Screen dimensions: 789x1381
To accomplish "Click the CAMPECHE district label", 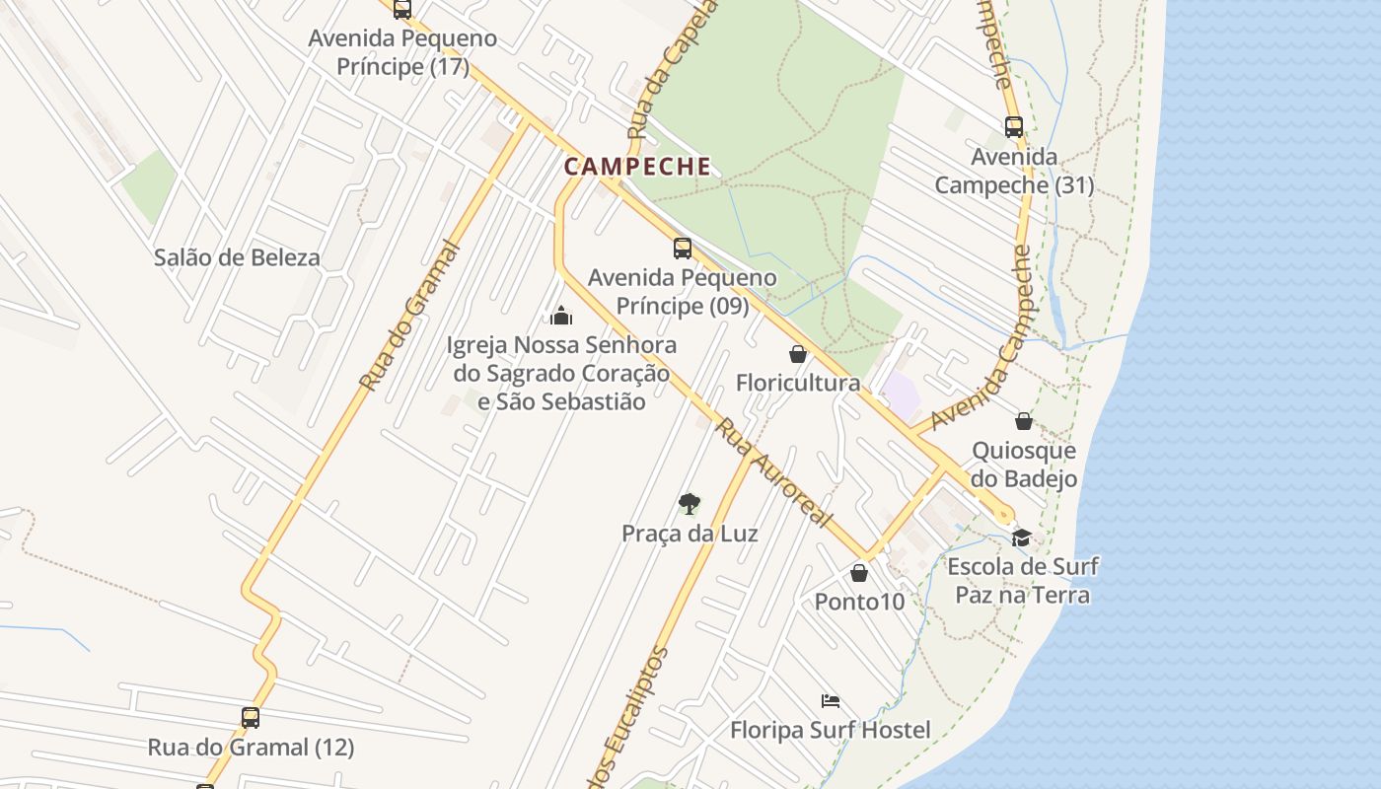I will click(637, 166).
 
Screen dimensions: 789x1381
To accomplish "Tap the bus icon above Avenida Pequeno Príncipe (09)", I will click(683, 248).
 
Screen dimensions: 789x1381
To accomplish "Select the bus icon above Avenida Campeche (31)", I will click(1014, 126).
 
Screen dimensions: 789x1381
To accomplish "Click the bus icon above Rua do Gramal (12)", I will click(251, 717).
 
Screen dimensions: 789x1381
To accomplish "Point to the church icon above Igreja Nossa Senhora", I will click(561, 316).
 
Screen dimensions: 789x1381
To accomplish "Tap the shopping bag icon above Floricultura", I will click(798, 353).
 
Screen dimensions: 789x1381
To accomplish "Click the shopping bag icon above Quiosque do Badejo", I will click(1024, 421).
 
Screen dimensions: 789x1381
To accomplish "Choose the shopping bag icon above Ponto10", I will click(859, 572).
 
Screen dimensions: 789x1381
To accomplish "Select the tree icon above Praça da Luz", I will click(690, 504).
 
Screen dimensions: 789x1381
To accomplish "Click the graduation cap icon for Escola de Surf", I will click(1021, 538).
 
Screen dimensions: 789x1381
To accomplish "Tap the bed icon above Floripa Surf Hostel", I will click(831, 701).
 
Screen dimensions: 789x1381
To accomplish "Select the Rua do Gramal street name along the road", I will click(409, 316).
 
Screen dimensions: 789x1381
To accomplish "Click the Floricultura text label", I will click(798, 383).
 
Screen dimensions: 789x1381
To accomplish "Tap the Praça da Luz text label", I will click(690, 534).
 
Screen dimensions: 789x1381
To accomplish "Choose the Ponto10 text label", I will click(859, 601).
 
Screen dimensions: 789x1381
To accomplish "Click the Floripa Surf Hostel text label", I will click(831, 731).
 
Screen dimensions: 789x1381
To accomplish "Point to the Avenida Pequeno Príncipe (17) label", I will click(402, 52).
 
